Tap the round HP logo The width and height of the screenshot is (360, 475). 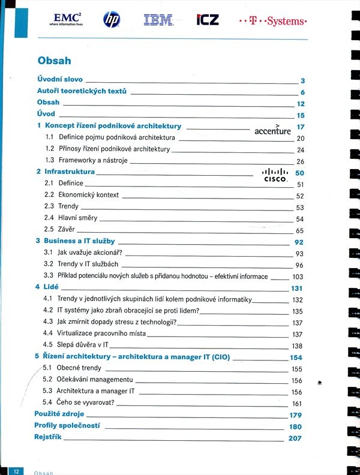click(112, 20)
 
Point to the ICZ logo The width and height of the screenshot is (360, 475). click(208, 20)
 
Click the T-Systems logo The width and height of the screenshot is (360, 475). click(273, 21)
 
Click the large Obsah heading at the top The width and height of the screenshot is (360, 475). click(54, 61)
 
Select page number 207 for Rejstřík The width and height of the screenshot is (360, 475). click(295, 438)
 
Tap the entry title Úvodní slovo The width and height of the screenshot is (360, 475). click(60, 79)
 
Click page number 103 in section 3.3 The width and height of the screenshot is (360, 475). click(298, 276)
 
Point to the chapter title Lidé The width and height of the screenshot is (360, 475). click(51, 287)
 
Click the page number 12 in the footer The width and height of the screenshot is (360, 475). click(18, 471)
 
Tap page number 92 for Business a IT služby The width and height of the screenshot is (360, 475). click(298, 242)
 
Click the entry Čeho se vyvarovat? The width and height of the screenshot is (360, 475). click(87, 402)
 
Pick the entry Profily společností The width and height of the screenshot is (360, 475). click(67, 426)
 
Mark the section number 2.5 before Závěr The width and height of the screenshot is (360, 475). click(49, 230)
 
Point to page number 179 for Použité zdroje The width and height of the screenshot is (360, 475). click(295, 415)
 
